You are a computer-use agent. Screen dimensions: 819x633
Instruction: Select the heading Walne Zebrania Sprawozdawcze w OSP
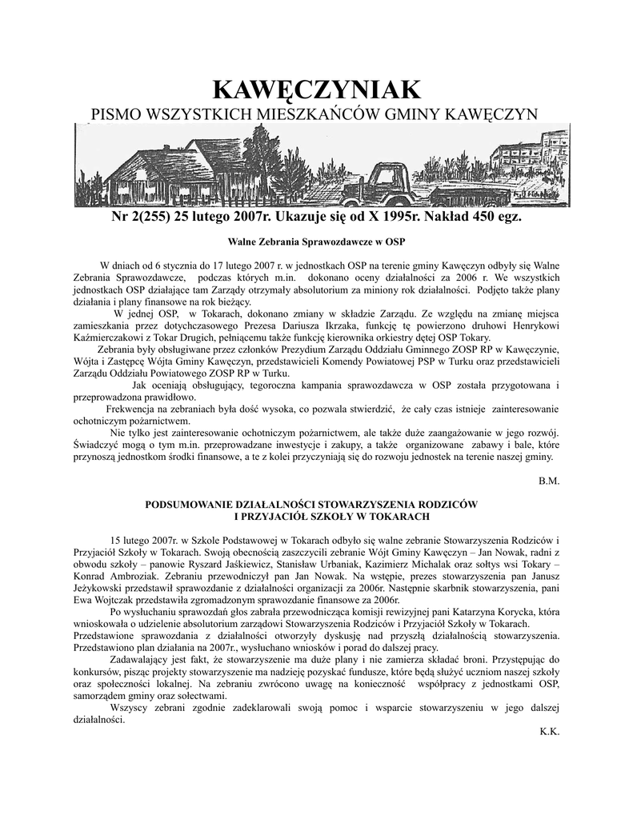pyautogui.click(x=317, y=241)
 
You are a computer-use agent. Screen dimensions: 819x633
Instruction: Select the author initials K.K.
pyautogui.click(x=550, y=730)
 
